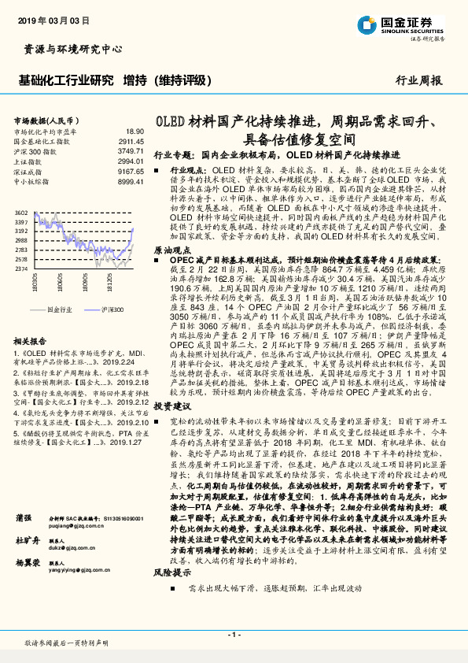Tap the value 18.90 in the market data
pos(135,131)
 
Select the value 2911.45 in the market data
pos(130,142)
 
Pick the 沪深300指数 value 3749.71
pos(130,151)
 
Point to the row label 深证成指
pos(28,172)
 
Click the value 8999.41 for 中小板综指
pos(130,182)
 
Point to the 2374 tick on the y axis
pos(21,269)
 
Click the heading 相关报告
pos(31,341)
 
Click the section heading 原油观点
pos(171,248)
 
